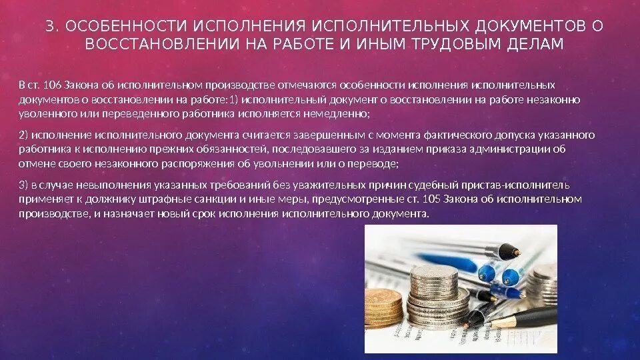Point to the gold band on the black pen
pyautogui.click(x=501, y=323)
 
